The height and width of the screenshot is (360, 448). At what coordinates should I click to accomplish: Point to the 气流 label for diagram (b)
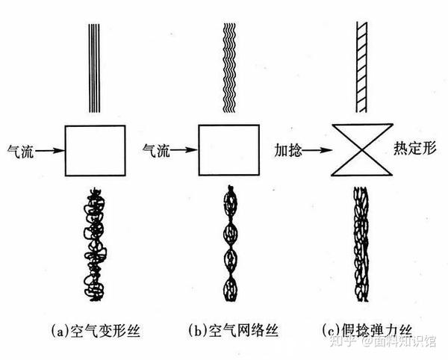(x=155, y=151)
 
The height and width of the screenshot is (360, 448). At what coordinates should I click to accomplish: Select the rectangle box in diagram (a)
(x=95, y=149)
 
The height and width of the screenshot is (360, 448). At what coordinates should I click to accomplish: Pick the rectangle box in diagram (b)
(x=228, y=149)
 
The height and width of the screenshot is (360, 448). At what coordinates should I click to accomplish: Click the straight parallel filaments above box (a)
(x=94, y=67)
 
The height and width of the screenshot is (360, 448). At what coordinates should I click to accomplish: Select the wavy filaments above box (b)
(x=228, y=67)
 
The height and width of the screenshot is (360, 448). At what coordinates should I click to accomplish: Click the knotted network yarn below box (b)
(x=228, y=243)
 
